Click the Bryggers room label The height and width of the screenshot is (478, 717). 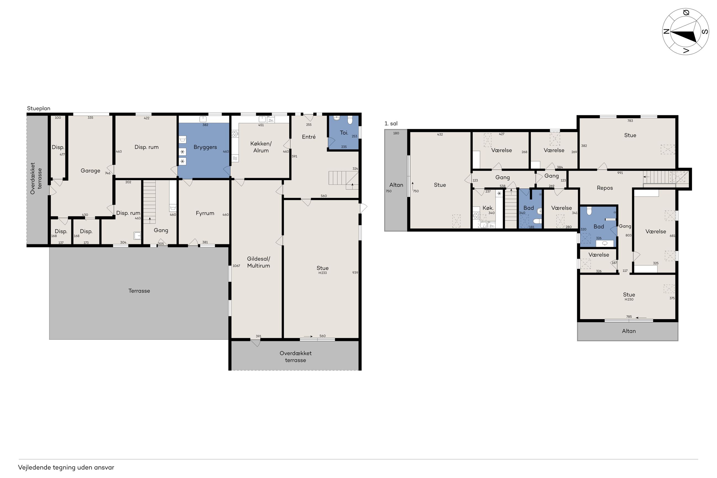point(205,147)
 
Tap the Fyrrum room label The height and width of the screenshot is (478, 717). point(205,213)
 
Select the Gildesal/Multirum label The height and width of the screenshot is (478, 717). point(258,262)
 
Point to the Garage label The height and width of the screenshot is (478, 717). point(90,171)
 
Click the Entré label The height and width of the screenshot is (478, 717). point(309,137)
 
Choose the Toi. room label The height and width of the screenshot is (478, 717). point(344,133)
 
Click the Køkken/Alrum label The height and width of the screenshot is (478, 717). point(261,147)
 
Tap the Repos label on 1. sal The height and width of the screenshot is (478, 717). point(604,188)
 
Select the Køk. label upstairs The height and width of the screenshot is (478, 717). point(488,208)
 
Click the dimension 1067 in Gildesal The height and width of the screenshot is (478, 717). point(236,266)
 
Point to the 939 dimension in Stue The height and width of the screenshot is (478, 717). point(355,273)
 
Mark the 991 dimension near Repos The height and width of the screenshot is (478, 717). point(620,173)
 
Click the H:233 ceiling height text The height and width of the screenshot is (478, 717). point(322,273)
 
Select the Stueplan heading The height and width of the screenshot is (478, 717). point(39,108)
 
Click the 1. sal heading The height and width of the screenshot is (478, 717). point(391,124)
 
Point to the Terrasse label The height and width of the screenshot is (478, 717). point(139,291)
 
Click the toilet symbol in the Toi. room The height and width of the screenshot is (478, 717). point(350,120)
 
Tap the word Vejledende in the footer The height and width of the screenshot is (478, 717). point(34,467)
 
